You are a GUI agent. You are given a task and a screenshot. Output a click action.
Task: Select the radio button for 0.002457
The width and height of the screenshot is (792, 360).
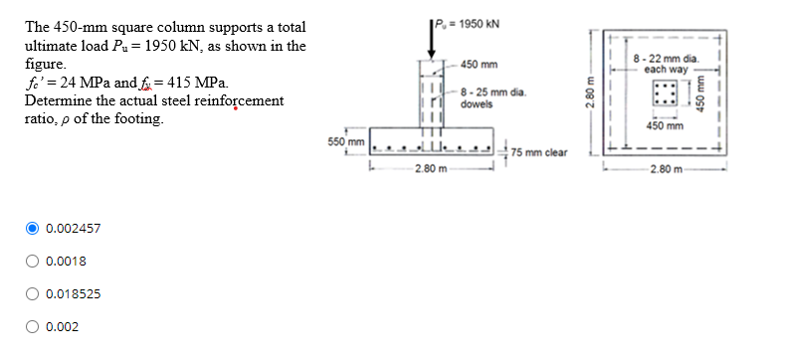[32, 229]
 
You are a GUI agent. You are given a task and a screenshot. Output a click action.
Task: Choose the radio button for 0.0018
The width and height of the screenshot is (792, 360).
[32, 262]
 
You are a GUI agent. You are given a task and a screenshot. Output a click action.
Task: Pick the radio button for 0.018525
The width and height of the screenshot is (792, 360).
[32, 294]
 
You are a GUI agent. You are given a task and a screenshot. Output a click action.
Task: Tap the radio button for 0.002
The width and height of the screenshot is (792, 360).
[32, 327]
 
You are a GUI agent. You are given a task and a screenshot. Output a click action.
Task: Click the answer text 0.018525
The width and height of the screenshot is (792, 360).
[72, 294]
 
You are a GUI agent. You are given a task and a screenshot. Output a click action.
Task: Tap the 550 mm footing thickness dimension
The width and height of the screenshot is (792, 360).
[343, 143]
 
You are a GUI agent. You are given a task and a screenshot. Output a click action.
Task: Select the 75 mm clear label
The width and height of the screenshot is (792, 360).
[539, 152]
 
